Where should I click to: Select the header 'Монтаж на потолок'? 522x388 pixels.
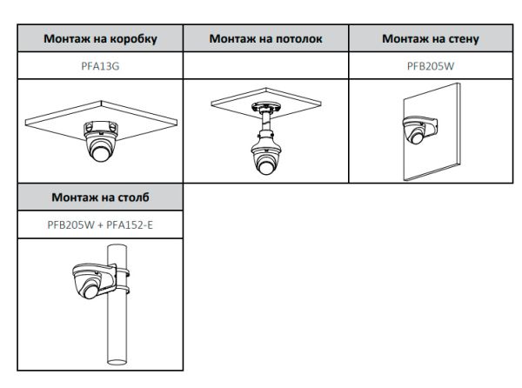(x=266, y=39)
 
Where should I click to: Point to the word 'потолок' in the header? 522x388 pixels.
(x=297, y=39)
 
